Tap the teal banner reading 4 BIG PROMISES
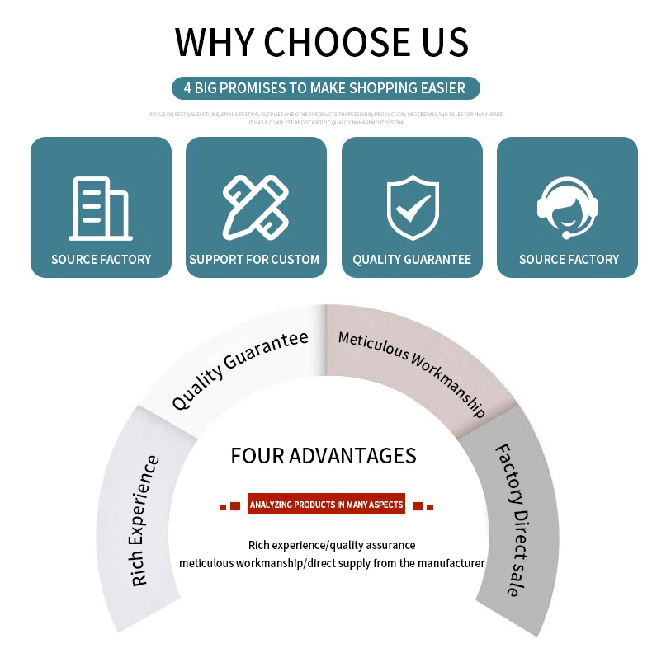(x=325, y=87)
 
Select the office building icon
(x=101, y=209)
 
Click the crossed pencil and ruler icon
(x=255, y=206)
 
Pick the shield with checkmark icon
(x=412, y=208)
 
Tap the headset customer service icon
(x=568, y=208)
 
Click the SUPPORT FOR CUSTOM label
(x=254, y=259)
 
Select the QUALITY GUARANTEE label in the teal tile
(x=412, y=259)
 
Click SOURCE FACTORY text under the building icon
(x=101, y=259)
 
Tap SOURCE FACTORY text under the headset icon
(x=569, y=259)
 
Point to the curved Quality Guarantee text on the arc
(x=239, y=369)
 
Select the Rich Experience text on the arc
(x=145, y=521)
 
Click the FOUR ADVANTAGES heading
(x=324, y=456)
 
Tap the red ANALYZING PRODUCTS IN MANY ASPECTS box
(x=326, y=505)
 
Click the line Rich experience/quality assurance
(x=332, y=545)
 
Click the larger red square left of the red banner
(x=235, y=505)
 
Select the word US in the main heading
(x=446, y=41)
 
